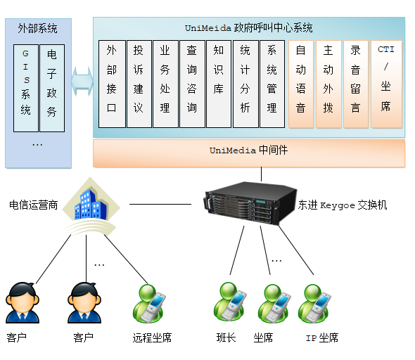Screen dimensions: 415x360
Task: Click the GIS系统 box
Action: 26,88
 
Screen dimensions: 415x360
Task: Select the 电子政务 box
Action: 52,88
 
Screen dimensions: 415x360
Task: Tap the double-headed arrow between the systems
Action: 82,82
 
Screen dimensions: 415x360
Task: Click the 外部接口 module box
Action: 112,84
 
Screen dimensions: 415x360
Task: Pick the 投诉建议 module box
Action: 139,84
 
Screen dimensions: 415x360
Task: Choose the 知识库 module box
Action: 219,84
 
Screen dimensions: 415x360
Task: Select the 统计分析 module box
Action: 245,84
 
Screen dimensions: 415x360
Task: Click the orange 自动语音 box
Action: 301,84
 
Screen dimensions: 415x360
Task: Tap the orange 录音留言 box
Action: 356,84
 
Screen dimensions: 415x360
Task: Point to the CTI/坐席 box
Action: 386,84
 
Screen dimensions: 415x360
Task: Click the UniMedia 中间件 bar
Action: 249,153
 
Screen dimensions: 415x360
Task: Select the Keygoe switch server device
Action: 250,203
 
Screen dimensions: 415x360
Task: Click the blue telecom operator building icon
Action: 91,205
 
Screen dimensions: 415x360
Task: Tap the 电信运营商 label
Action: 33,205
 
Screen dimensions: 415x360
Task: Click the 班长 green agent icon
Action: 230,302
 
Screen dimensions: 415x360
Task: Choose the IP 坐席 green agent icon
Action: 314,303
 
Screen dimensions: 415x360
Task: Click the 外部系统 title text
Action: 37,28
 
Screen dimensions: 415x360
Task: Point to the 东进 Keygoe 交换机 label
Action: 343,205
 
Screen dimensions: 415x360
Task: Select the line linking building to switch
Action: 160,204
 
